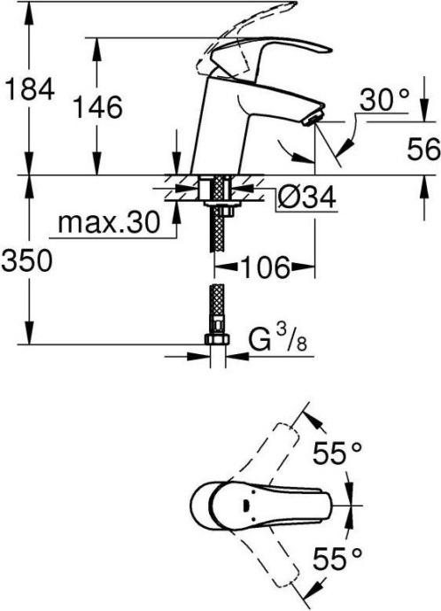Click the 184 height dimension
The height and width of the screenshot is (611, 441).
click(x=30, y=89)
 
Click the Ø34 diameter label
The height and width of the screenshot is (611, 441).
click(x=303, y=199)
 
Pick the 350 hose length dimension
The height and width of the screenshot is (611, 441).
click(x=30, y=260)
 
